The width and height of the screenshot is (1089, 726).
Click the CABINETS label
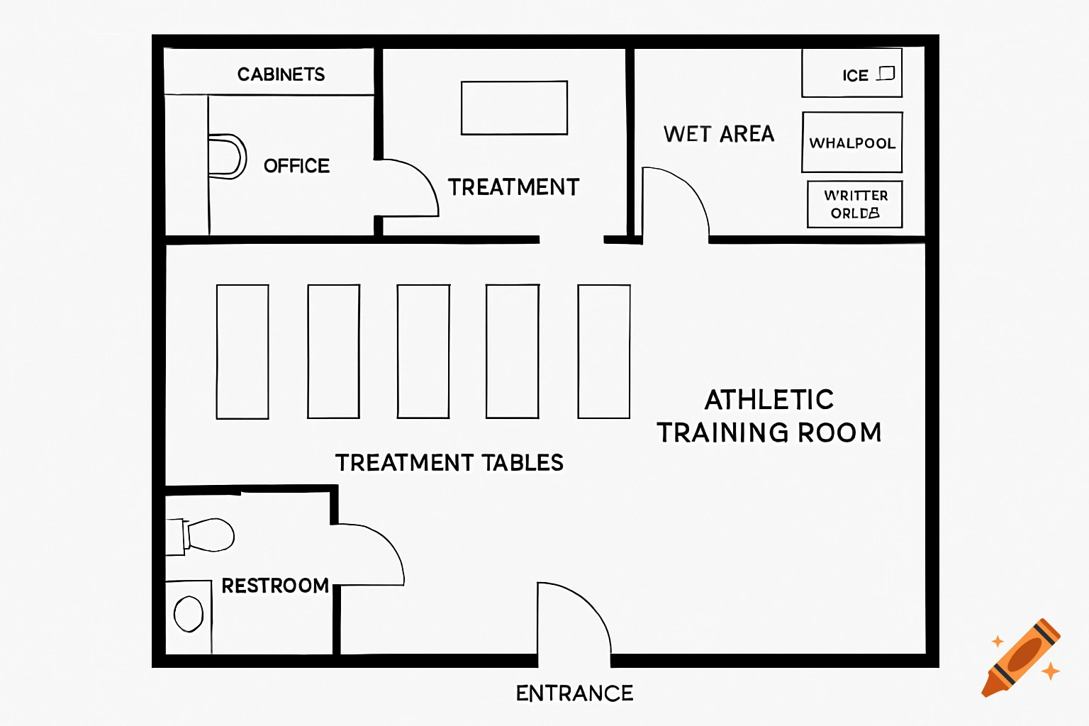pos(281,74)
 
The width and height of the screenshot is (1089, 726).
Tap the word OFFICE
pos(296,166)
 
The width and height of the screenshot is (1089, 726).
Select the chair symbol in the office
pos(227,156)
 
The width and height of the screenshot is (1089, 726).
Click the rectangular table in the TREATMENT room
pos(514,108)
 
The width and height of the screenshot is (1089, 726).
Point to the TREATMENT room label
pos(513,187)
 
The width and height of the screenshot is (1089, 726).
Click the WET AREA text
pos(718,134)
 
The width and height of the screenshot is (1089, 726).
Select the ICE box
pos(851,73)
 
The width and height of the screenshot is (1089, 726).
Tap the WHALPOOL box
pos(851,143)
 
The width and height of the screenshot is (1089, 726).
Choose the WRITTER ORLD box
pos(854,204)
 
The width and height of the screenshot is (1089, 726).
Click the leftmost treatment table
pos(242,352)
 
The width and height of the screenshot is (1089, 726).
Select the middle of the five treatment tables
pos(423,352)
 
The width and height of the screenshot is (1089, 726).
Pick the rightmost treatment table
pos(604,352)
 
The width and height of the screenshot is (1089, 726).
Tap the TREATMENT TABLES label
pos(449,463)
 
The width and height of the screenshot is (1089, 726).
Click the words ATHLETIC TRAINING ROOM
pos(769,416)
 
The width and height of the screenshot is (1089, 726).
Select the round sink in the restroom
pos(189,614)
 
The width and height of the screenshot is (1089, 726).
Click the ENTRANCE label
pos(574,693)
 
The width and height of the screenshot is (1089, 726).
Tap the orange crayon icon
pos(1022,658)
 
